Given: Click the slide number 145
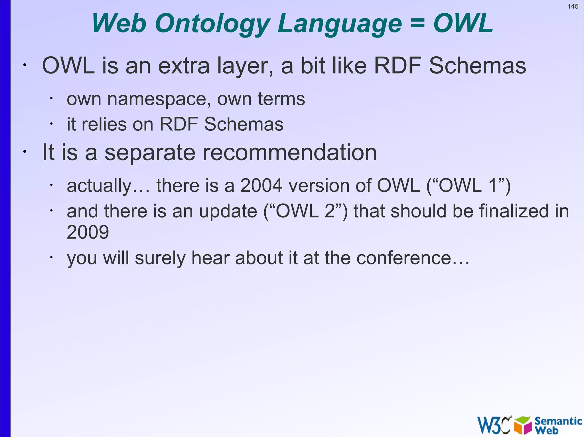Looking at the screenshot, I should click(x=573, y=7).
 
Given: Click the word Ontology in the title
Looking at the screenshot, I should click(x=212, y=24).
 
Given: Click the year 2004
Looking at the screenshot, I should click(x=261, y=186).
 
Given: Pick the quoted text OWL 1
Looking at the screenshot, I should click(x=468, y=186).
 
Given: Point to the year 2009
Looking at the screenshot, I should click(x=88, y=232).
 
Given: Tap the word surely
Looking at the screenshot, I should click(x=160, y=258).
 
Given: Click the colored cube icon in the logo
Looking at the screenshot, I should click(x=523, y=425).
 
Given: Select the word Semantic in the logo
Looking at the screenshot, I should click(x=558, y=421).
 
